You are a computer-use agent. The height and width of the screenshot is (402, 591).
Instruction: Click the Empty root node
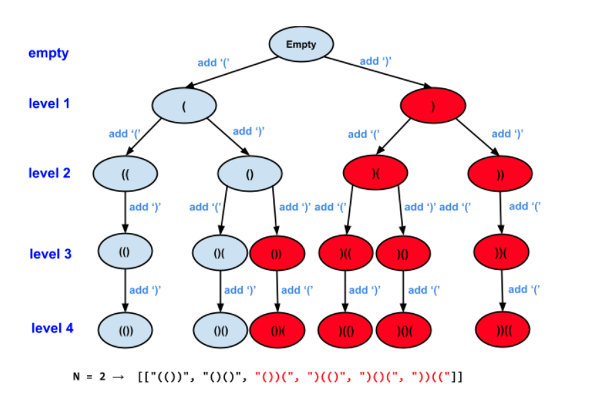(x=301, y=44)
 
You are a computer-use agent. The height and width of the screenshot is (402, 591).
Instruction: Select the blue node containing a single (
(x=183, y=106)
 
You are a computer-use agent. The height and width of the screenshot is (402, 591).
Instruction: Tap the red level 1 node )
(x=433, y=106)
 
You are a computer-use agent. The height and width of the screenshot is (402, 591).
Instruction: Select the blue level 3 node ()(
(x=220, y=254)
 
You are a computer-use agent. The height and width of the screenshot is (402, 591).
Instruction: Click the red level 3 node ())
(x=276, y=255)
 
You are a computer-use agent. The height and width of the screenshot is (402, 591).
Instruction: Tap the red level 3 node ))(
(x=499, y=254)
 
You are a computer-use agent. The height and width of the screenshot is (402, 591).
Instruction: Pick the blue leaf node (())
(x=126, y=331)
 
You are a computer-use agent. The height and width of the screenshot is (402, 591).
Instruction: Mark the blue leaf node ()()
(x=220, y=331)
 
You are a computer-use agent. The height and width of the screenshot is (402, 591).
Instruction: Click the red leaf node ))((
(x=499, y=331)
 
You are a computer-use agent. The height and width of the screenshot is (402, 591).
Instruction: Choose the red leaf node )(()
(x=346, y=331)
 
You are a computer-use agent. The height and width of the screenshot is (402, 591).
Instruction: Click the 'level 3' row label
(x=50, y=254)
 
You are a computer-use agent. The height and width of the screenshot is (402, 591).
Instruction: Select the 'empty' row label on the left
(x=48, y=53)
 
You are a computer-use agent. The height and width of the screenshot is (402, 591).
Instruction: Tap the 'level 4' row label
(x=52, y=328)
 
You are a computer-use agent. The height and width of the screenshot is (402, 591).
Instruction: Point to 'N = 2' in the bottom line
(x=89, y=376)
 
